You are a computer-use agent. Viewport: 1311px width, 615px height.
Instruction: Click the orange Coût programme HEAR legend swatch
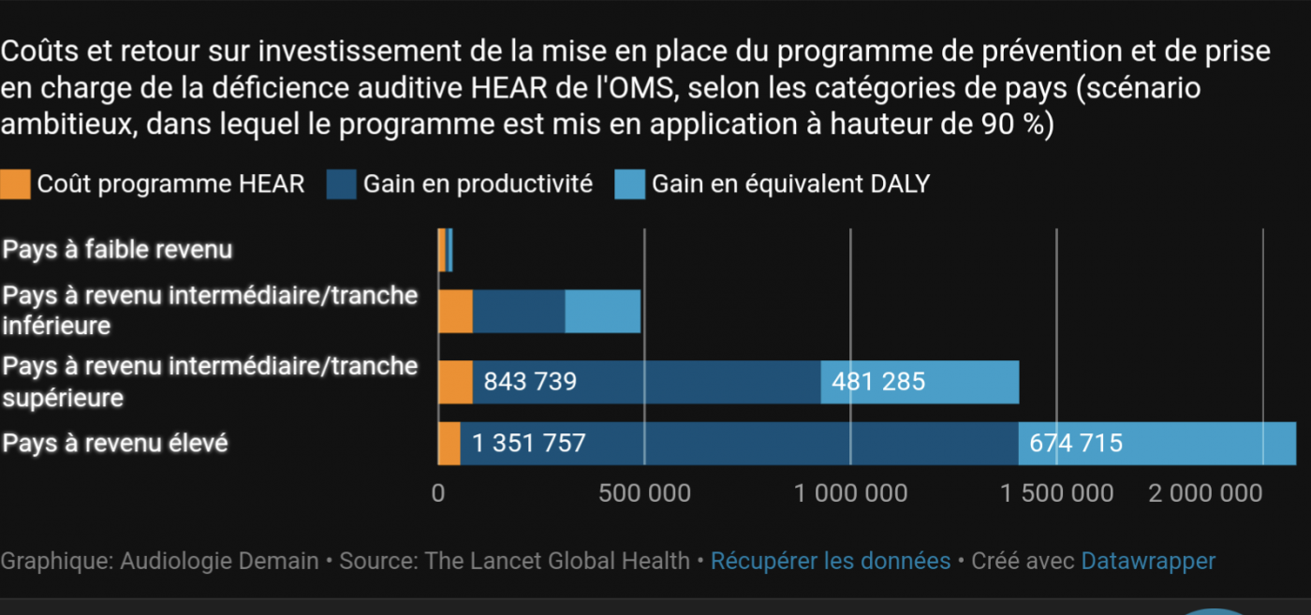[15, 184]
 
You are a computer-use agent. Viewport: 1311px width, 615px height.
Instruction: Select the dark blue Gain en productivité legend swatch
[341, 184]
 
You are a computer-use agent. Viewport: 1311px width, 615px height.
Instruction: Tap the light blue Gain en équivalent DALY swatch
[629, 184]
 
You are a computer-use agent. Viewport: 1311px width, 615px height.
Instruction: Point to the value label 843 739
[529, 382]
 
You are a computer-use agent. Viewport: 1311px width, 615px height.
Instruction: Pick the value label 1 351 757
[529, 443]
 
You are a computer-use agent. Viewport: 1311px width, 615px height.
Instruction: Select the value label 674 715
[1075, 443]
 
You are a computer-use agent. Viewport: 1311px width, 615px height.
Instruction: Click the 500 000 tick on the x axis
[644, 493]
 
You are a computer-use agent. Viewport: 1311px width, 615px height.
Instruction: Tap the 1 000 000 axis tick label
[850, 493]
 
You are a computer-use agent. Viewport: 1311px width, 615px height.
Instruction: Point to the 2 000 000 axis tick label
[1205, 493]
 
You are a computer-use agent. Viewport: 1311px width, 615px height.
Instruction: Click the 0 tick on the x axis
[438, 493]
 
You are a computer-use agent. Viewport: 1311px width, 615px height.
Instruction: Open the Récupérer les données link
[831, 562]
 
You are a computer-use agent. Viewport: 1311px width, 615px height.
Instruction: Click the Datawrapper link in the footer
[1148, 562]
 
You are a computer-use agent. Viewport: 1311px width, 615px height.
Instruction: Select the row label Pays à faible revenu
[117, 250]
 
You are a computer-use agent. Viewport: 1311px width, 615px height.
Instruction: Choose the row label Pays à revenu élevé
[115, 443]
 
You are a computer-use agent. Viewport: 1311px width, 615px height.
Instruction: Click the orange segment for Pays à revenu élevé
[449, 443]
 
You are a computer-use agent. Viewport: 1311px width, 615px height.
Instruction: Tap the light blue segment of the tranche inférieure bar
[602, 312]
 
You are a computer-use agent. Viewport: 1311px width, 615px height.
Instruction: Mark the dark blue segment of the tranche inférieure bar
[519, 312]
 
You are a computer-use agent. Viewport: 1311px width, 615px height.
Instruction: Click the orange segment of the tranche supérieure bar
[456, 382]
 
